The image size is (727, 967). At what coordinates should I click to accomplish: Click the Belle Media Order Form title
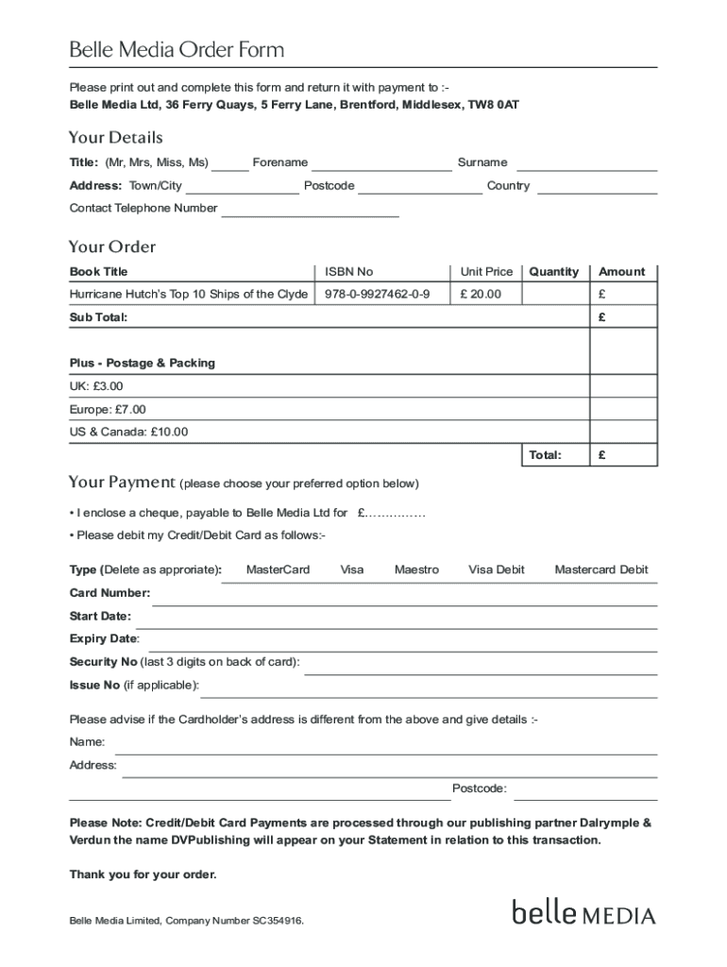pos(177,50)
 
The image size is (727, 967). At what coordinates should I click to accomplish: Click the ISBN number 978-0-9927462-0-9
pos(377,295)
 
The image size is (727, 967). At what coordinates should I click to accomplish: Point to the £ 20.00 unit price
pos(481,295)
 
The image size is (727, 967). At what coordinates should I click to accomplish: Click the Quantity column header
pos(553,272)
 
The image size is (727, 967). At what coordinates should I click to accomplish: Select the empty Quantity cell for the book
pos(555,295)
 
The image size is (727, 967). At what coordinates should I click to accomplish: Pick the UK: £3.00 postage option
pos(96,386)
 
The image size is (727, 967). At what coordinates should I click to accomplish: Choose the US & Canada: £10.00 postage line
pos(128,433)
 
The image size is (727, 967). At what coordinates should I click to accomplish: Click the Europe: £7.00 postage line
pos(108,410)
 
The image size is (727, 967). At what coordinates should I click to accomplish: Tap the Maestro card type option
pos(416,570)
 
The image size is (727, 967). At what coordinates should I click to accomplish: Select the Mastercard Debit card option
pos(601,570)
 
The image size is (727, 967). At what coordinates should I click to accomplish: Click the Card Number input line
pos(404,600)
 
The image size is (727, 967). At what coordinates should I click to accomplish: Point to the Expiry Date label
pos(104,639)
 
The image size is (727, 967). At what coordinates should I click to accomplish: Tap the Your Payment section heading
pos(122,483)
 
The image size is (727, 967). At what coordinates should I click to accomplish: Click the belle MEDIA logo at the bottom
pos(583,913)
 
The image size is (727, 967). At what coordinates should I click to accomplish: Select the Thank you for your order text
pos(143,874)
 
